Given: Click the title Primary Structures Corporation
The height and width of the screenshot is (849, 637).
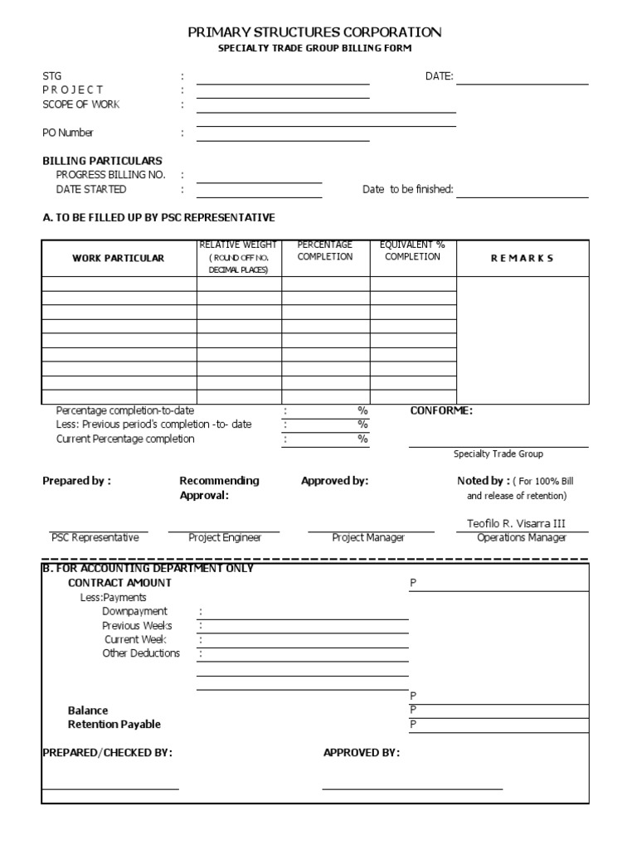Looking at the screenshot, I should click(314, 32).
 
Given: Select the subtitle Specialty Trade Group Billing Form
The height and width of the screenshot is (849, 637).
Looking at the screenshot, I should click(314, 49).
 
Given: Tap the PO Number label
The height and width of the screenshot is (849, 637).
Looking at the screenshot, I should click(68, 133).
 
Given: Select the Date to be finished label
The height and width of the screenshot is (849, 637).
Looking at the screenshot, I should click(407, 189).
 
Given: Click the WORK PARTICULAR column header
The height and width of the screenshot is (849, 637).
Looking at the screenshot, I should click(119, 258).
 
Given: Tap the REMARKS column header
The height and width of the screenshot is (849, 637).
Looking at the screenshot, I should click(522, 258).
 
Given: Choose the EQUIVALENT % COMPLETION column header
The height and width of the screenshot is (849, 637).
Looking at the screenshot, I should click(412, 250).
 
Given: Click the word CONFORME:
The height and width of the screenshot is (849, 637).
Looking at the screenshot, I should click(441, 410).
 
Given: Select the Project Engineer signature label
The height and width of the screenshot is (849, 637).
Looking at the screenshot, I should click(225, 537).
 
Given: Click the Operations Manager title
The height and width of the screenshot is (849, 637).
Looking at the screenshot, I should click(522, 537).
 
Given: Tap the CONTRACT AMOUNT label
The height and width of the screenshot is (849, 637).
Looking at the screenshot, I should click(119, 583).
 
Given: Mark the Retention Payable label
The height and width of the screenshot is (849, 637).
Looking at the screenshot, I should click(114, 724).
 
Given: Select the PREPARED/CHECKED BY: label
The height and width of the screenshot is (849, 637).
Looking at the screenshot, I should click(107, 753).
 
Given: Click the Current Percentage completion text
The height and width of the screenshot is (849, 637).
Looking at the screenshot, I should click(125, 439).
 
